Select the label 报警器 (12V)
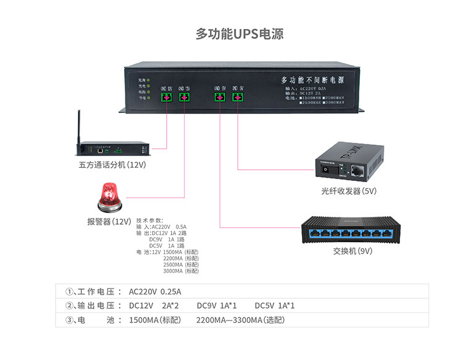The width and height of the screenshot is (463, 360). point(109,221)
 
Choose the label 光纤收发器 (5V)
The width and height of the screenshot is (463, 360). point(349,191)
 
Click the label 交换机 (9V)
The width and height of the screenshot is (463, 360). point(354,251)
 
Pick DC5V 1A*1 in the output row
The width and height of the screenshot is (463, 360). point(275,306)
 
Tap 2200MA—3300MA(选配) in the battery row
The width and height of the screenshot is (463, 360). point(240,320)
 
